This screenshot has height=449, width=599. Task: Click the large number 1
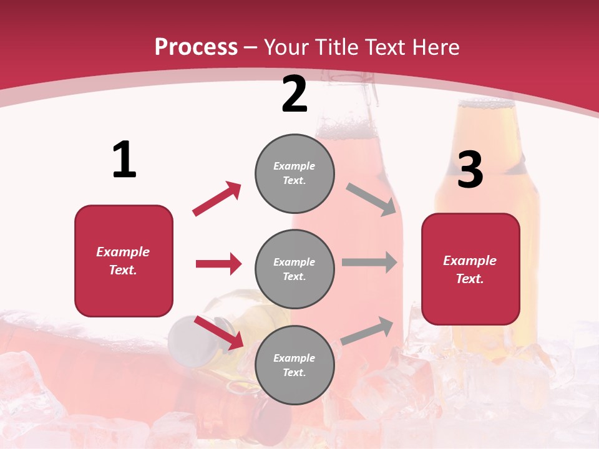(124, 160)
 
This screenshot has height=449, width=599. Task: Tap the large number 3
(470, 170)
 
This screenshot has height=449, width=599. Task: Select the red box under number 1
(124, 261)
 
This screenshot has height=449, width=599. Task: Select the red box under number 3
(470, 269)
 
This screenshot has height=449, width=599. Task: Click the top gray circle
(295, 173)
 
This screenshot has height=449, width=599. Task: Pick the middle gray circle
(295, 269)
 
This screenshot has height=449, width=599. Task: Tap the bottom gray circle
(295, 365)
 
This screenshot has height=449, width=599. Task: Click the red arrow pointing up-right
(217, 198)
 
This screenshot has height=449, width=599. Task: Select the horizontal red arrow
(218, 264)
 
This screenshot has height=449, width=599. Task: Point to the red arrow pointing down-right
(219, 332)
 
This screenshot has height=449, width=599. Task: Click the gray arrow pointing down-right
(371, 200)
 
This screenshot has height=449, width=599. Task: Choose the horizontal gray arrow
(369, 263)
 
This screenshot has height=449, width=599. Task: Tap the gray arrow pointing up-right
(368, 331)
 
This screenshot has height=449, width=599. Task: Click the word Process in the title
(196, 47)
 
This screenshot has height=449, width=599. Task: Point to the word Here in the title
(434, 47)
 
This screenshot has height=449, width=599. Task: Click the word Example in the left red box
(123, 252)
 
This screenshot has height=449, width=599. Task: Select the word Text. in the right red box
(470, 279)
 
